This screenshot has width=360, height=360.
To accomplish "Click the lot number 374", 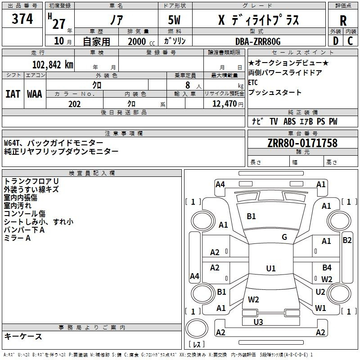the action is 22,18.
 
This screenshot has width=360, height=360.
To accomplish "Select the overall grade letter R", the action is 343,21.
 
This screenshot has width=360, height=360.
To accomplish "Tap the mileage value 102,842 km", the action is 53,64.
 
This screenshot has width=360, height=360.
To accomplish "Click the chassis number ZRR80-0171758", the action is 302,143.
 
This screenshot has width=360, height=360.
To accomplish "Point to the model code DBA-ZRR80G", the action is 258,41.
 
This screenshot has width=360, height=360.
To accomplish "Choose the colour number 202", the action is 74,104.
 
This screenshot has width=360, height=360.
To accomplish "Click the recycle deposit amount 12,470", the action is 224,104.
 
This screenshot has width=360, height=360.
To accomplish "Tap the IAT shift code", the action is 13,94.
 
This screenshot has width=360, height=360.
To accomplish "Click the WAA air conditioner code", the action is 35,94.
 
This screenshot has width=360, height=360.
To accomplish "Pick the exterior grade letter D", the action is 335,41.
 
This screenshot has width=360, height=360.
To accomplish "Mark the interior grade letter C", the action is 350,41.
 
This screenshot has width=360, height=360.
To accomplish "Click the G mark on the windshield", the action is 284,237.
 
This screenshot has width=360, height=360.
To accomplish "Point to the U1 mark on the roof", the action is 271,268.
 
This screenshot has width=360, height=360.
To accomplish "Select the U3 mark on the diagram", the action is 258,322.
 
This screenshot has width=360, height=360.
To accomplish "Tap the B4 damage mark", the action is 327,267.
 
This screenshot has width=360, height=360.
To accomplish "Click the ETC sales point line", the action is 253,82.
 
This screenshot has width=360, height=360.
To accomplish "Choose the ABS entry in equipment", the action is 289,121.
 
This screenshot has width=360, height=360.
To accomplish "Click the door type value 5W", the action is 174,20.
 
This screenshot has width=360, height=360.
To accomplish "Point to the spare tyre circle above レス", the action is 197,328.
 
